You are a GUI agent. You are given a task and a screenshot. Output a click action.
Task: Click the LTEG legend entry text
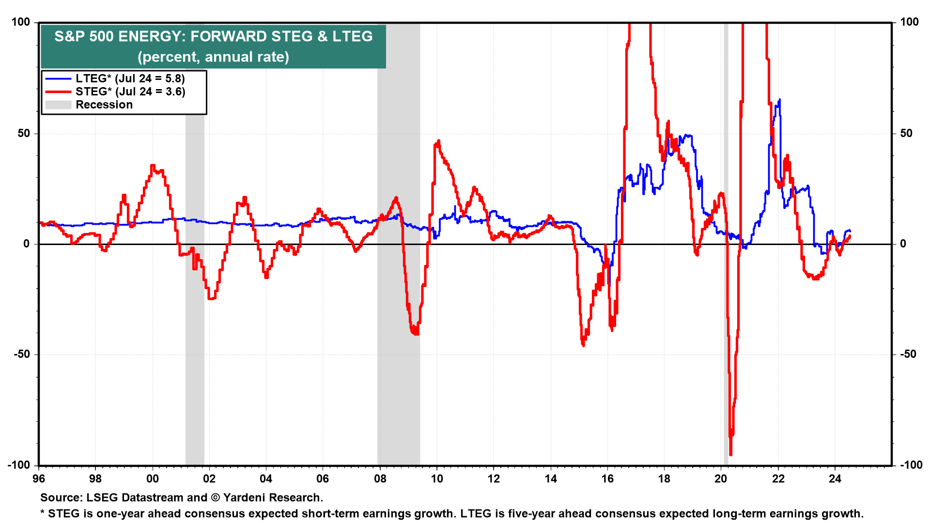130,78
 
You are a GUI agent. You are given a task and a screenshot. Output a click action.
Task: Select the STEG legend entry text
130,92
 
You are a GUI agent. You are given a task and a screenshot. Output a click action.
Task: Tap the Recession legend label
104,105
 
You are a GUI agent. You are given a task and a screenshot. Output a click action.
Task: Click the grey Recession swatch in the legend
58,105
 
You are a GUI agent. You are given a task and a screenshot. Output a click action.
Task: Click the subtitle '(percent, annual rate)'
213,57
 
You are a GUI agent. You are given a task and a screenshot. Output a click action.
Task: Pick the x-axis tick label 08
380,479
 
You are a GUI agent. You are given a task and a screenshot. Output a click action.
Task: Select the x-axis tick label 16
607,479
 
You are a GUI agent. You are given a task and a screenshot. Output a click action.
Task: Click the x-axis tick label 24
835,479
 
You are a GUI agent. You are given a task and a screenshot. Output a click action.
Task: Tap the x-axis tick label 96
39,479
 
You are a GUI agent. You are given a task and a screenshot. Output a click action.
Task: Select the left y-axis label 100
21,22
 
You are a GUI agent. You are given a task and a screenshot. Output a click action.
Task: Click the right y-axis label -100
911,465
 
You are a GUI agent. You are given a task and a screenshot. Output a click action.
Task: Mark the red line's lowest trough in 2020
730,454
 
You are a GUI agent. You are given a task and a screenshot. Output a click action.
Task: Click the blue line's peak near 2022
779,100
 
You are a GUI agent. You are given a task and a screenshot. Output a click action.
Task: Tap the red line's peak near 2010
438,141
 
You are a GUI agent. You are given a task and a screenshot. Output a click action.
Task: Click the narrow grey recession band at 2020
726,242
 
